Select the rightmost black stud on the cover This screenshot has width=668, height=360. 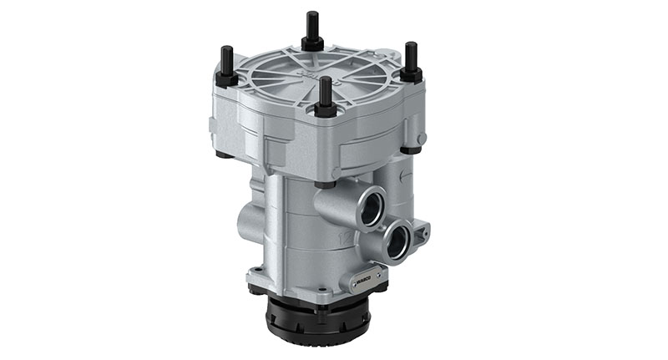[410, 57]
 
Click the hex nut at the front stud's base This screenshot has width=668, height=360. [325, 109]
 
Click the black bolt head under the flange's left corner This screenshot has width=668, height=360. [222, 155]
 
